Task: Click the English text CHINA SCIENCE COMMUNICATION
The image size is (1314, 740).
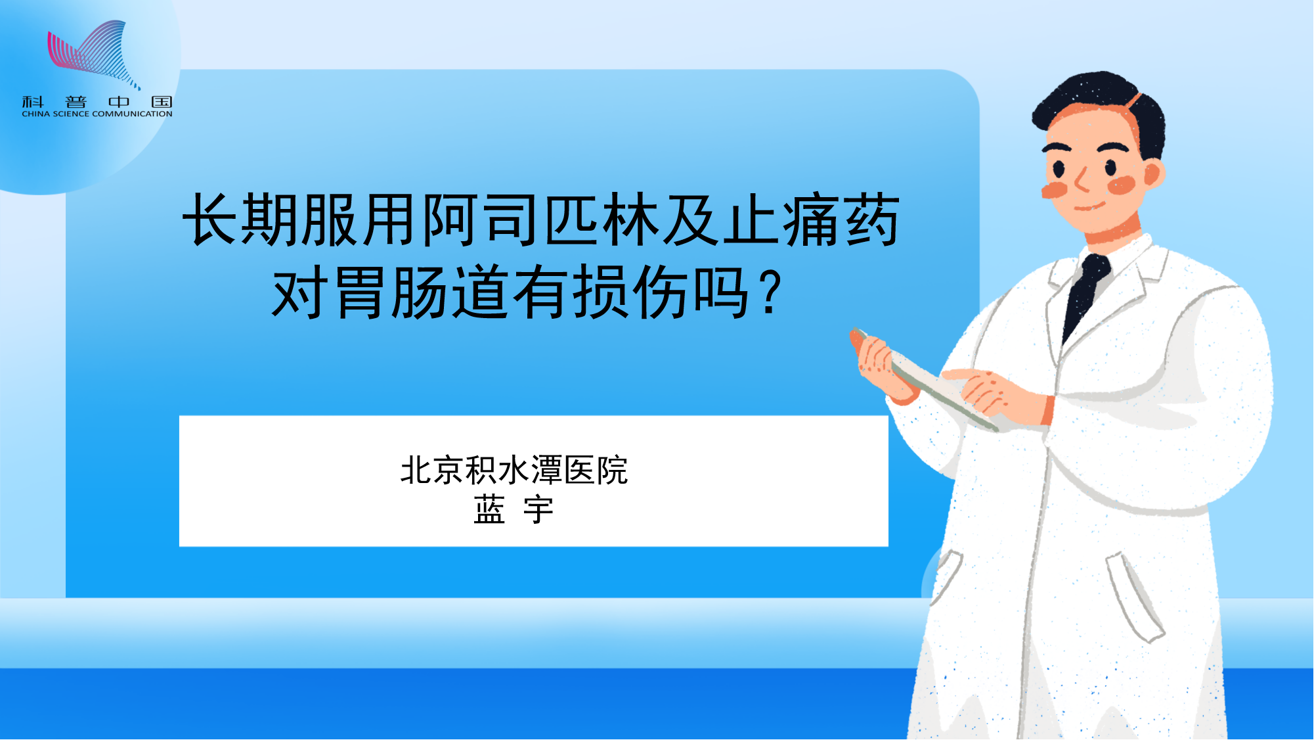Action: pos(97,114)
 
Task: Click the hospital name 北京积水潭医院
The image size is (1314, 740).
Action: pos(514,471)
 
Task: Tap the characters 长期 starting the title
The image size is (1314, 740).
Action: pos(240,220)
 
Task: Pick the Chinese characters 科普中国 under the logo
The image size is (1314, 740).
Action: pos(97,102)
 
